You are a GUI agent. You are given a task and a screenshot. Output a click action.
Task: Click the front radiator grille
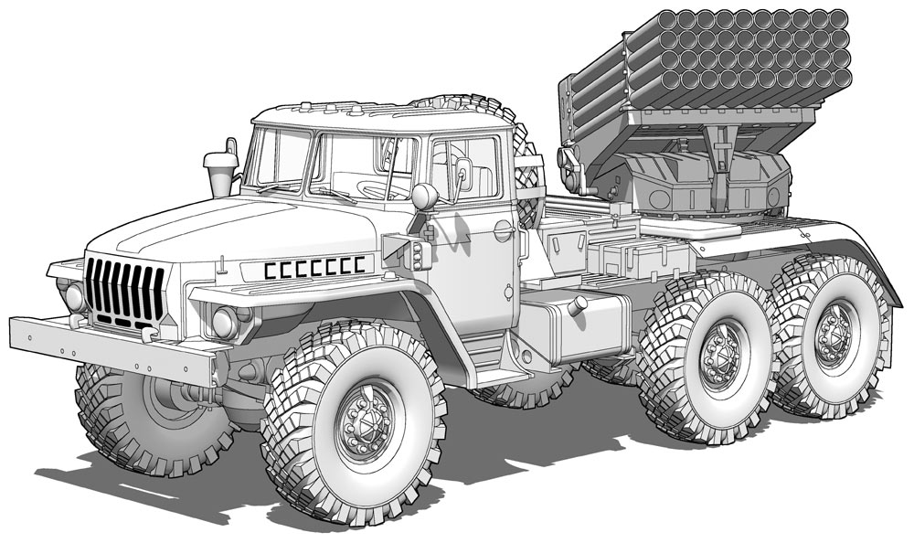[x=125, y=292]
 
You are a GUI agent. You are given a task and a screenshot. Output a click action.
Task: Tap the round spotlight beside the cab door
[x=424, y=197]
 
